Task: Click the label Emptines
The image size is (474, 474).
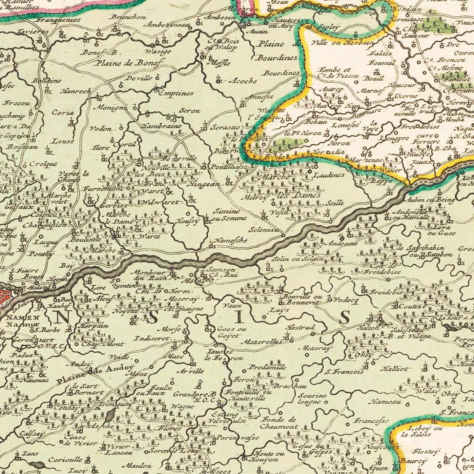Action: tap(176, 93)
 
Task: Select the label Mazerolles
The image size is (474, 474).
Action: tap(261, 342)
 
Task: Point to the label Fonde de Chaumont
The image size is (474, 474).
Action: tap(279, 423)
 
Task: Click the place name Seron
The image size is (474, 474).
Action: tap(190, 111)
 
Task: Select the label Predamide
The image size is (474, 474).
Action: tap(268, 367)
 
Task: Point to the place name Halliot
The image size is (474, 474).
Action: tap(393, 369)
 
